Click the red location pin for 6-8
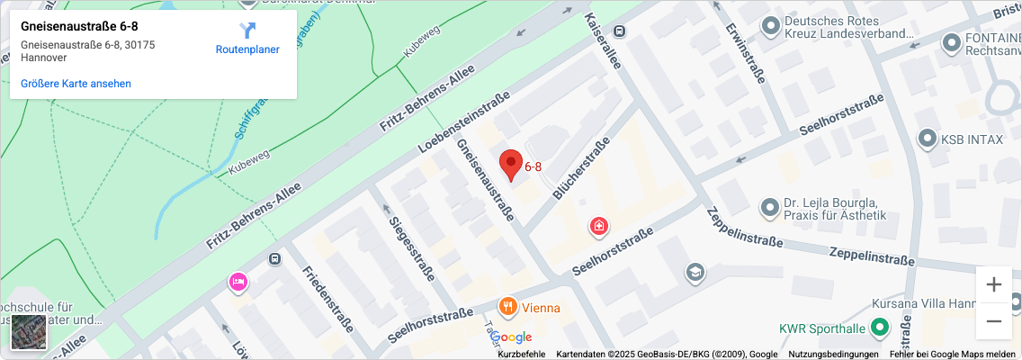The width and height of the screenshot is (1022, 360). pyautogui.click(x=511, y=163)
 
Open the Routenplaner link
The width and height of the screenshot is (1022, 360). pyautogui.click(x=247, y=40)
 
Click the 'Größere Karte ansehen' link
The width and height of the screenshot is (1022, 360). pyautogui.click(x=76, y=84)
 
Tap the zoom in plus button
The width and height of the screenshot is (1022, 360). pyautogui.click(x=993, y=284)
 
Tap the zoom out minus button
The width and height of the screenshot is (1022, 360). pyautogui.click(x=993, y=320)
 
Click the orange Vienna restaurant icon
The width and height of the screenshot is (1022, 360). pyautogui.click(x=508, y=308)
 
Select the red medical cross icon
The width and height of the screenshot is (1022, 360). pyautogui.click(x=598, y=226)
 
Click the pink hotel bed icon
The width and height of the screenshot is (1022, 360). pyautogui.click(x=238, y=282)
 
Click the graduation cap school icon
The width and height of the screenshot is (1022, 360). pyautogui.click(x=694, y=271)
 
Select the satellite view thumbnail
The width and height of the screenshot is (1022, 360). pyautogui.click(x=28, y=332)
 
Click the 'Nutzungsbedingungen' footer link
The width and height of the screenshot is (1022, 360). pyautogui.click(x=833, y=354)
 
